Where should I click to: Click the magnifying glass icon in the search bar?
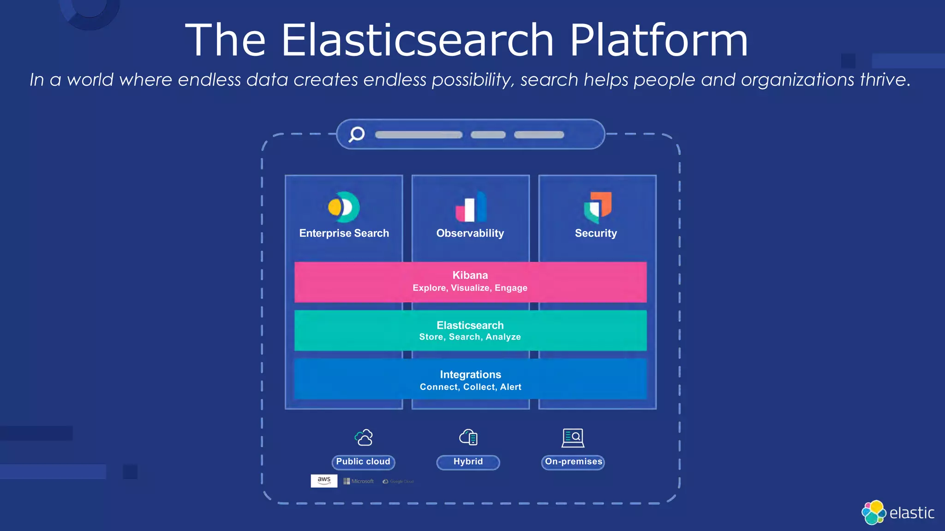[356, 134]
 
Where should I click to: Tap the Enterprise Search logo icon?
[344, 207]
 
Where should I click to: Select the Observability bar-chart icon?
[471, 207]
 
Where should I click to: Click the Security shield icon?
[598, 207]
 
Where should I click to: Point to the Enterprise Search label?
[344, 233]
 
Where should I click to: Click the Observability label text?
[470, 233]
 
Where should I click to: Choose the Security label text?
[596, 233]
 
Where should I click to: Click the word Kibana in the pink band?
[470, 275]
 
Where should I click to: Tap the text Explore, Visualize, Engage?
[470, 288]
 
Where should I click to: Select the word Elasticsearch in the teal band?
[470, 325]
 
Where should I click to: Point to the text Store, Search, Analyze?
[470, 337]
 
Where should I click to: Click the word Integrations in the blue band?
[470, 375]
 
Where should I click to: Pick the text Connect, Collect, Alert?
[470, 387]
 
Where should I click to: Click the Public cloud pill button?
[363, 462]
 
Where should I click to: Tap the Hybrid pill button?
[468, 462]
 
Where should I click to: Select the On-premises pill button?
[573, 462]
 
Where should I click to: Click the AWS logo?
[324, 481]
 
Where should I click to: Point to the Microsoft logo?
[359, 481]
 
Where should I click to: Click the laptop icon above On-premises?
[573, 437]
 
